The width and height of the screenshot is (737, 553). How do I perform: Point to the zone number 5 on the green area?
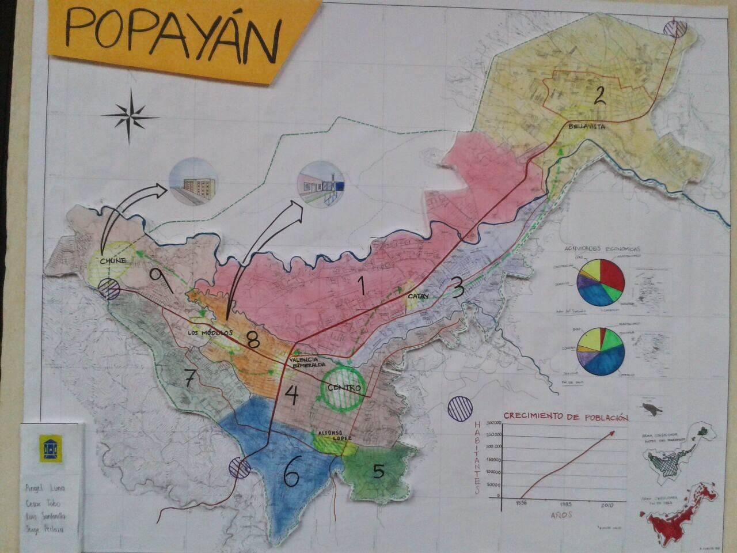coord(378,471)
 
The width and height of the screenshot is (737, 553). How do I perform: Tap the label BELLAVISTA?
coord(586,127)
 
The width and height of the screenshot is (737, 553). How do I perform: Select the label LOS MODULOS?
coord(209,333)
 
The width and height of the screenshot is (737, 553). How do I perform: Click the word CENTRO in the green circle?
coord(344,388)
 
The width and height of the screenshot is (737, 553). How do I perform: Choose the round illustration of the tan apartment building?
coord(193,180)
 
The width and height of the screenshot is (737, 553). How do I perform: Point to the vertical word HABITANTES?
coord(477,458)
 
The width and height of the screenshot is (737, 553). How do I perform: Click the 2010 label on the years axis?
coord(608,505)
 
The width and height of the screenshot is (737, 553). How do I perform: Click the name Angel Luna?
coord(45,488)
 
